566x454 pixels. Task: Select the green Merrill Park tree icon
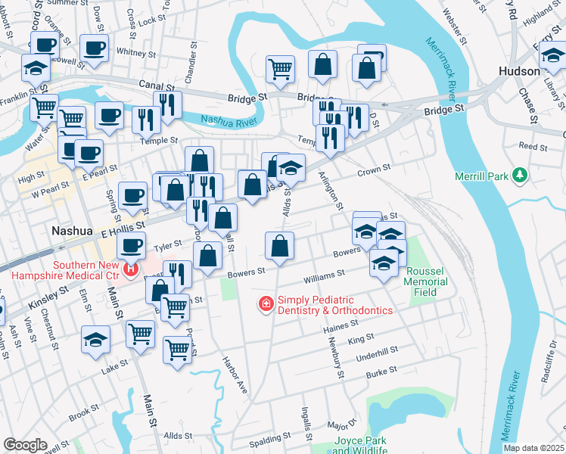[519, 176]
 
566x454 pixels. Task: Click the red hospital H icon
[132, 268]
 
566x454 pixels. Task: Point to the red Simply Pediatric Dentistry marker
[266, 304]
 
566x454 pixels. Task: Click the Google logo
[25, 444]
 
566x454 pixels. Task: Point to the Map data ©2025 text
[533, 448]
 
